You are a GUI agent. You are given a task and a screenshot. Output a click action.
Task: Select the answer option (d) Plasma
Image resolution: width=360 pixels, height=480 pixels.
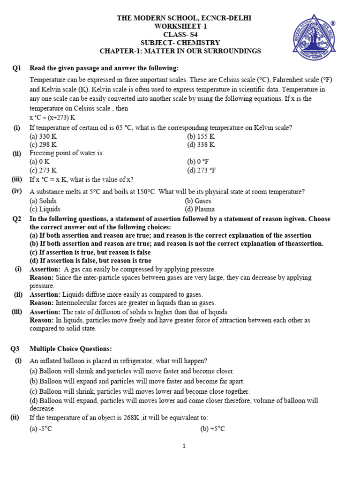200,209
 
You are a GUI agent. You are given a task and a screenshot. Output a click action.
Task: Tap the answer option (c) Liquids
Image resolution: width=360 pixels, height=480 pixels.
45,209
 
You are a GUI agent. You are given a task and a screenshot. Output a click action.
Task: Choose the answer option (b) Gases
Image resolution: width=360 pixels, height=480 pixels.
198,201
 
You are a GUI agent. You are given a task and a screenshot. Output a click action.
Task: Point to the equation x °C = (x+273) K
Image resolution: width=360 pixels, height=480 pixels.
52,117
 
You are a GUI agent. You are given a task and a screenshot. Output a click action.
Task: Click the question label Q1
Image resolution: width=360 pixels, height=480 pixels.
17,68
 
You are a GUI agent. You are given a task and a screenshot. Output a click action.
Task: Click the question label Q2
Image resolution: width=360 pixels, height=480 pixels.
17,218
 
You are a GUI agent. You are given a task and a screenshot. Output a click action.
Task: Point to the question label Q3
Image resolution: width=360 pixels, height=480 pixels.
17,349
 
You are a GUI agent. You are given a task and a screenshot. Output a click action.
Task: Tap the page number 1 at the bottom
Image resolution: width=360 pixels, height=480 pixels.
184,446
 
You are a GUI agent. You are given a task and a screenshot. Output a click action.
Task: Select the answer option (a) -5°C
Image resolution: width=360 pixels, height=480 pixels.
41,429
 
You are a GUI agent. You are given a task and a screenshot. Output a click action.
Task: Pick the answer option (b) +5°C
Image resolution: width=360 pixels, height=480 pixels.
213,429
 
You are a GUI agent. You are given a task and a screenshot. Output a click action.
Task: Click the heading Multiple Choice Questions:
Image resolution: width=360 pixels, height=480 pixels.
71,349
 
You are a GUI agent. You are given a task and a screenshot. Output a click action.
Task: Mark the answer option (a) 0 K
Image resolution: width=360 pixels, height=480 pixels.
39,162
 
